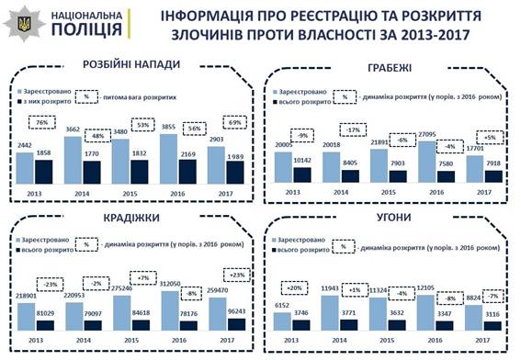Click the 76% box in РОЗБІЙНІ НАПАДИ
41,122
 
